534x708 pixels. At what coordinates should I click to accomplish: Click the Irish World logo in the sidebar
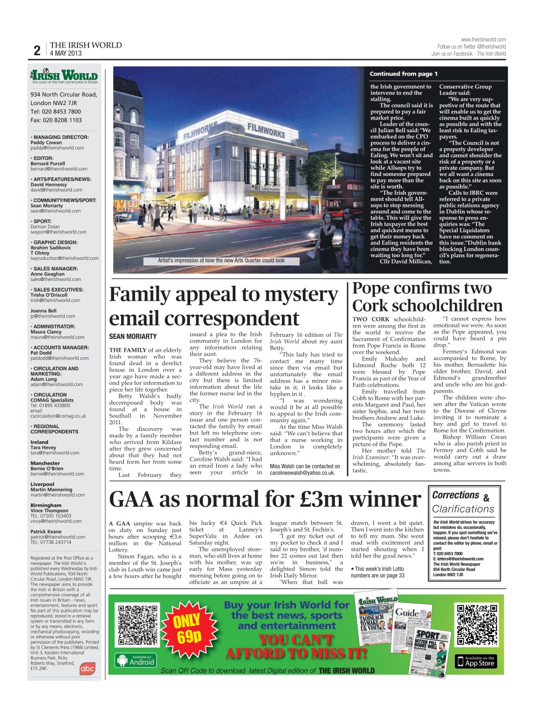64,76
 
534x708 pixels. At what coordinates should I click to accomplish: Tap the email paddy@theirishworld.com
57,148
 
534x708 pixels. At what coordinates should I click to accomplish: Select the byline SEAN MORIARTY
133,336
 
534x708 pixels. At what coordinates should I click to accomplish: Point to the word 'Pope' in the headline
375,288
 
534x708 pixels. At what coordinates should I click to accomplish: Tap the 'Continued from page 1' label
404,74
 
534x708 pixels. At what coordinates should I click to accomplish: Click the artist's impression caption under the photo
221,261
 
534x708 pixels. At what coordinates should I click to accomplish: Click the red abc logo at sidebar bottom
87,669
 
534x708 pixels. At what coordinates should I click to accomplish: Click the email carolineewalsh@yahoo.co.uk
302,473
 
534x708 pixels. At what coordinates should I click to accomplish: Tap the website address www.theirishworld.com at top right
483,40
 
